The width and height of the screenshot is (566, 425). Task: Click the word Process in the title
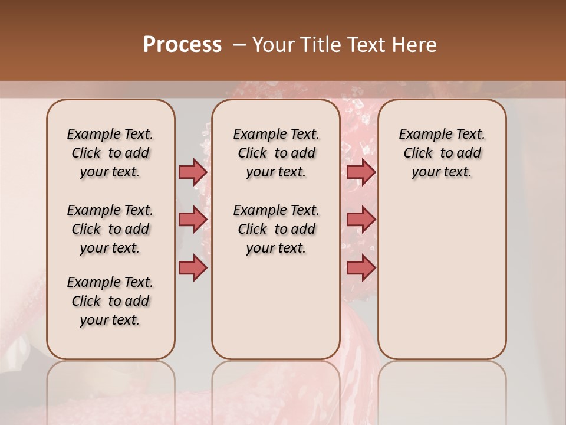pyautogui.click(x=182, y=45)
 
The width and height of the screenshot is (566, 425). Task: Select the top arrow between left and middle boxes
pyautogui.click(x=193, y=172)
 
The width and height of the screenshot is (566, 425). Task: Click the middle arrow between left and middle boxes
pyautogui.click(x=193, y=220)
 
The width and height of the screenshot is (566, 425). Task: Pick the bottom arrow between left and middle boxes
pyautogui.click(x=193, y=268)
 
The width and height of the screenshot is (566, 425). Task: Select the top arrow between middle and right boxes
pyautogui.click(x=361, y=172)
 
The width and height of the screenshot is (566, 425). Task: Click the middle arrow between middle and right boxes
pyautogui.click(x=361, y=220)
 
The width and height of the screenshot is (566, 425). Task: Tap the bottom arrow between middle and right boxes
pyautogui.click(x=361, y=268)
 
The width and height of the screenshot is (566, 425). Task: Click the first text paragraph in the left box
pyautogui.click(x=110, y=153)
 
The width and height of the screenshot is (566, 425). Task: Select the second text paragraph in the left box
pyautogui.click(x=110, y=229)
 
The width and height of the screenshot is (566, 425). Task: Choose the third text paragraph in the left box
pyautogui.click(x=110, y=301)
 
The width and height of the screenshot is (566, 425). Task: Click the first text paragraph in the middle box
pyautogui.click(x=276, y=153)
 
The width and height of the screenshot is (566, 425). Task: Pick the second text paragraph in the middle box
pyautogui.click(x=276, y=229)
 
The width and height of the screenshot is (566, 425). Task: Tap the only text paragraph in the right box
pyautogui.click(x=442, y=153)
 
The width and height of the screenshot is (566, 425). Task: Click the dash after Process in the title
pyautogui.click(x=239, y=45)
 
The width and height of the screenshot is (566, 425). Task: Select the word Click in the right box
pyautogui.click(x=418, y=153)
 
